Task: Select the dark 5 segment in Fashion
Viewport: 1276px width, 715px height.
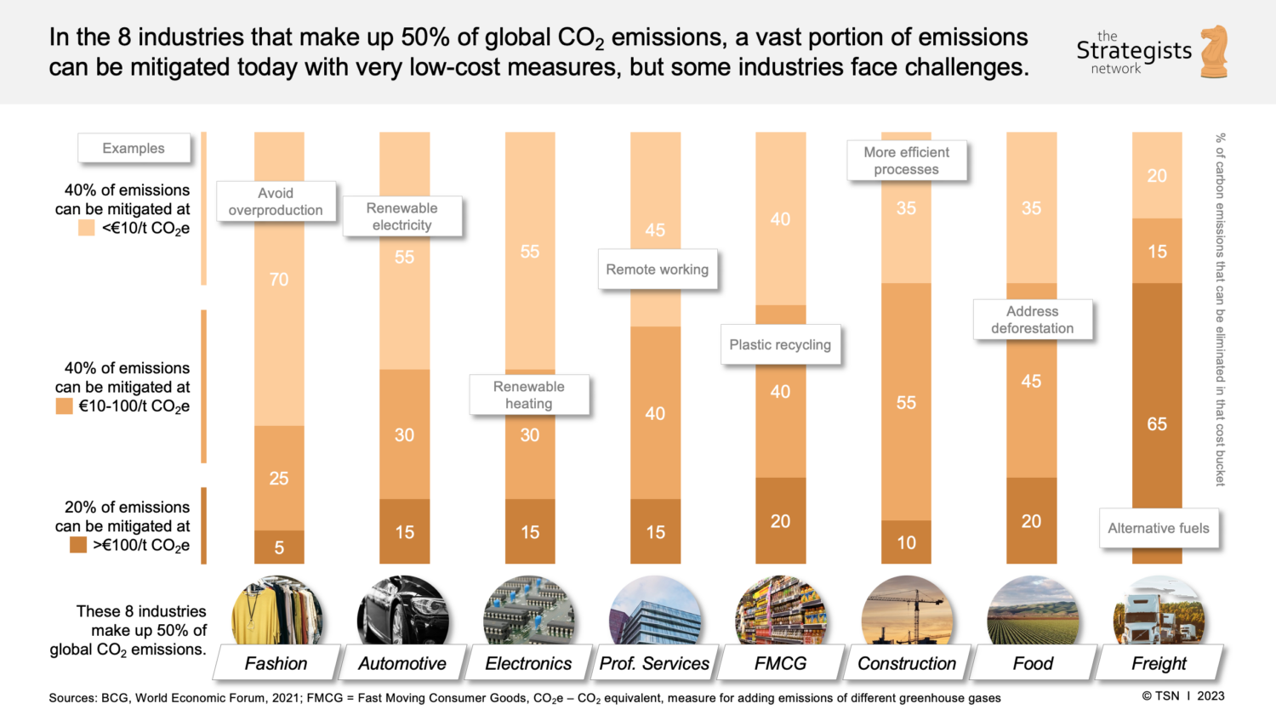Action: pos(279,548)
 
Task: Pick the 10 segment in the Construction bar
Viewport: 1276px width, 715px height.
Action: pos(906,542)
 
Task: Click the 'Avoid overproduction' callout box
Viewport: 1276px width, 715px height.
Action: pos(276,201)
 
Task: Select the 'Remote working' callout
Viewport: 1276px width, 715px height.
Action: pos(658,270)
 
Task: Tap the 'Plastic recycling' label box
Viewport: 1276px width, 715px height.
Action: pos(780,344)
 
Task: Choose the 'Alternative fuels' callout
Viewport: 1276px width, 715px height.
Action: pos(1159,528)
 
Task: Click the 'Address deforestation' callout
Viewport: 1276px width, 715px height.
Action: pos(1032,320)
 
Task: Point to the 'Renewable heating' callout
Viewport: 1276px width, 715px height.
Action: pos(529,394)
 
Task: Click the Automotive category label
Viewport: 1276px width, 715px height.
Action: pos(402,663)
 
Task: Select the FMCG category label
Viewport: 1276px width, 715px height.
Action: pos(780,663)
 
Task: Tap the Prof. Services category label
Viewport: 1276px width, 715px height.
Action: pos(654,663)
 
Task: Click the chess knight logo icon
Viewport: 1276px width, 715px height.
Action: pos(1215,51)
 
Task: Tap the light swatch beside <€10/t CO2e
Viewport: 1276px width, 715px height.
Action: pos(86,228)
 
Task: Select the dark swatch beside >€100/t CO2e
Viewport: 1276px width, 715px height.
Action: pos(78,545)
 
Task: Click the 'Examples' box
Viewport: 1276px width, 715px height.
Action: pos(134,148)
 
